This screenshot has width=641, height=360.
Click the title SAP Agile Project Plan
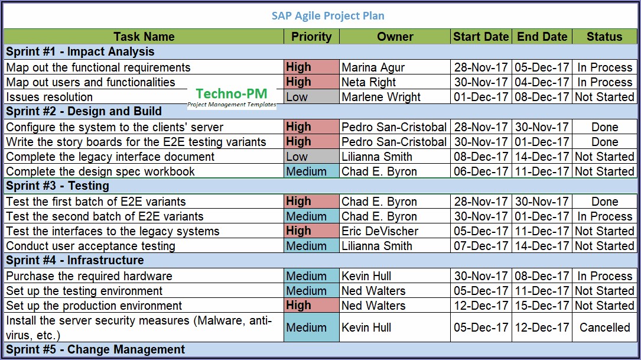328,16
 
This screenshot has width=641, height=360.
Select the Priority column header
311,37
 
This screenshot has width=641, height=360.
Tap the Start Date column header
481,37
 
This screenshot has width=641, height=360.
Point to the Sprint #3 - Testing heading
58,186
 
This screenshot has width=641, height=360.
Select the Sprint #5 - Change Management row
96,350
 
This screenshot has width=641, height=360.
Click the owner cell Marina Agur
372,67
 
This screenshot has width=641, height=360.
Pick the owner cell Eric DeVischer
380,231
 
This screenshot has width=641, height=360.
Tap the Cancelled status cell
604,327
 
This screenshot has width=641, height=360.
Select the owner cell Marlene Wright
381,97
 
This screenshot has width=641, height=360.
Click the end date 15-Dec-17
542,306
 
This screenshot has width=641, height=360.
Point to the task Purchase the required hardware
89,276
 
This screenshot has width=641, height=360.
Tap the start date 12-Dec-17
481,306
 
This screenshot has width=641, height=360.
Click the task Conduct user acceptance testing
90,246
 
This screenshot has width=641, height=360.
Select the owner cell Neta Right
369,82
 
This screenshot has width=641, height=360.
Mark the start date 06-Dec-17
481,171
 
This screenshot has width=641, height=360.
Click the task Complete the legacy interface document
110,157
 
